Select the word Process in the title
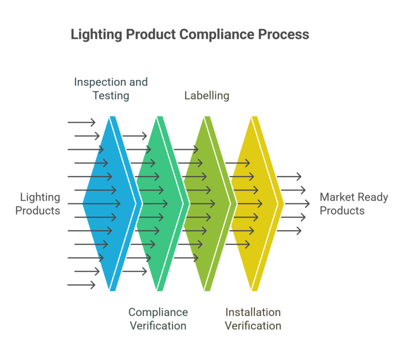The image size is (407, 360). click(x=284, y=35)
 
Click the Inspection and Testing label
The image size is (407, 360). click(x=110, y=88)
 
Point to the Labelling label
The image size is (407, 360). click(x=207, y=95)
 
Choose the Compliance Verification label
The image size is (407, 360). click(x=158, y=319)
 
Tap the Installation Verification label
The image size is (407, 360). click(x=253, y=319)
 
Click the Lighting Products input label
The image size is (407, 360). click(x=38, y=204)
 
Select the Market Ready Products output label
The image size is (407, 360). click(x=354, y=204)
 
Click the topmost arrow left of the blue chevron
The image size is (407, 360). click(x=81, y=122)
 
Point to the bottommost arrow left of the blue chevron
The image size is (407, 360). click(x=81, y=285)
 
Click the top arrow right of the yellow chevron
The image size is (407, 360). click(x=291, y=177)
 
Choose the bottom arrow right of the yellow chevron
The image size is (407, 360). click(x=291, y=231)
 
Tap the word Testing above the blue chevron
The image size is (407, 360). click(x=110, y=95)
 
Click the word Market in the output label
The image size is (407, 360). click(x=336, y=197)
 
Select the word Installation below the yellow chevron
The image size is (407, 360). click(x=253, y=312)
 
